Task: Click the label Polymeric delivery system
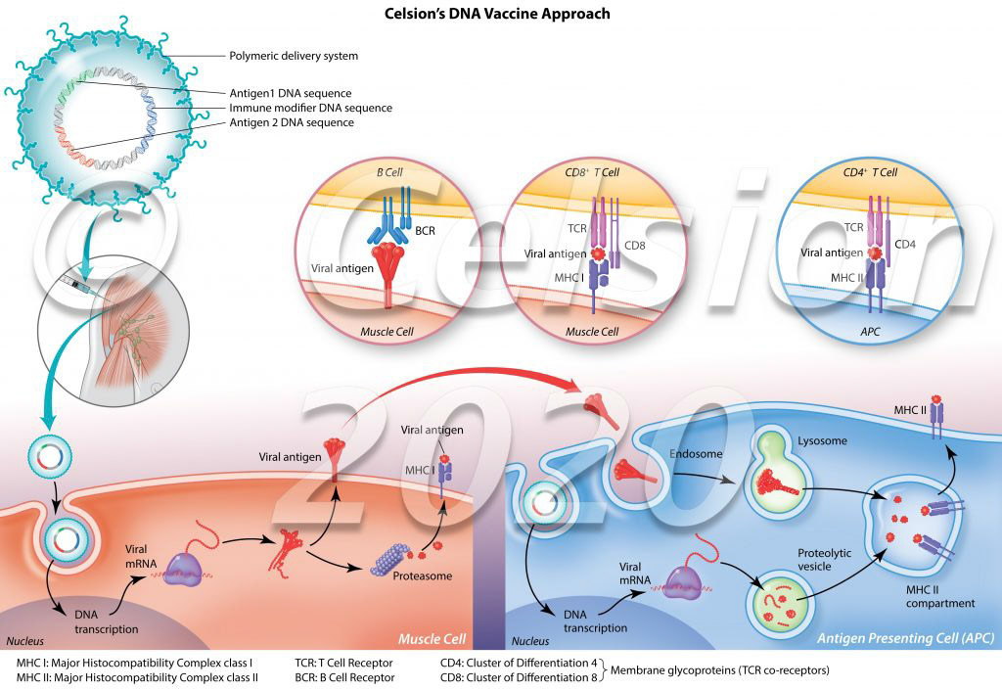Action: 293,56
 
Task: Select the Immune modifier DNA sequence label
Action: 310,108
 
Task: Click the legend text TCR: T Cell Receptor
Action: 344,662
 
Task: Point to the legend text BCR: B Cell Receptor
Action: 344,676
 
